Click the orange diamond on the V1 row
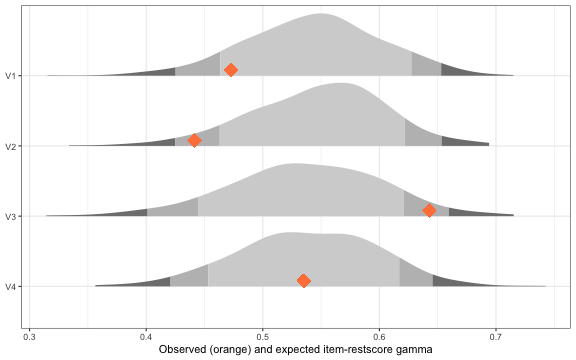tap(231, 70)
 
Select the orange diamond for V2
tap(195, 141)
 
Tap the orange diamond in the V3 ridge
tap(429, 211)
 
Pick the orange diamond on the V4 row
tap(304, 281)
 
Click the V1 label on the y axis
tap(10, 75)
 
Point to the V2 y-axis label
tap(10, 146)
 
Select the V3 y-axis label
tap(10, 216)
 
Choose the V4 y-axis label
tap(10, 287)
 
